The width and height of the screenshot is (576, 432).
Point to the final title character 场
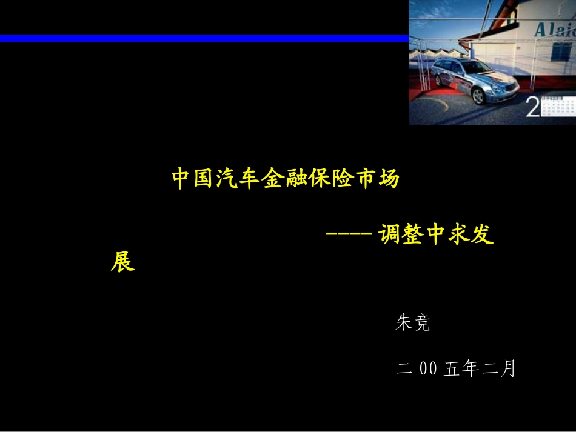tap(388, 179)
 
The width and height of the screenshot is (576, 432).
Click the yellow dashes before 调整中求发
tap(349, 236)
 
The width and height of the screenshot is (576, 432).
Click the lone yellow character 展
tap(122, 262)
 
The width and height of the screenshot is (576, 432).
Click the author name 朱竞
tap(412, 323)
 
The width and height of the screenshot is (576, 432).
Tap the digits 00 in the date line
tap(428, 368)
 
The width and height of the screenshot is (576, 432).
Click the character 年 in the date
tap(470, 368)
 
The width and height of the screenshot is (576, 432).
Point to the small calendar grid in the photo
tap(558, 107)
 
